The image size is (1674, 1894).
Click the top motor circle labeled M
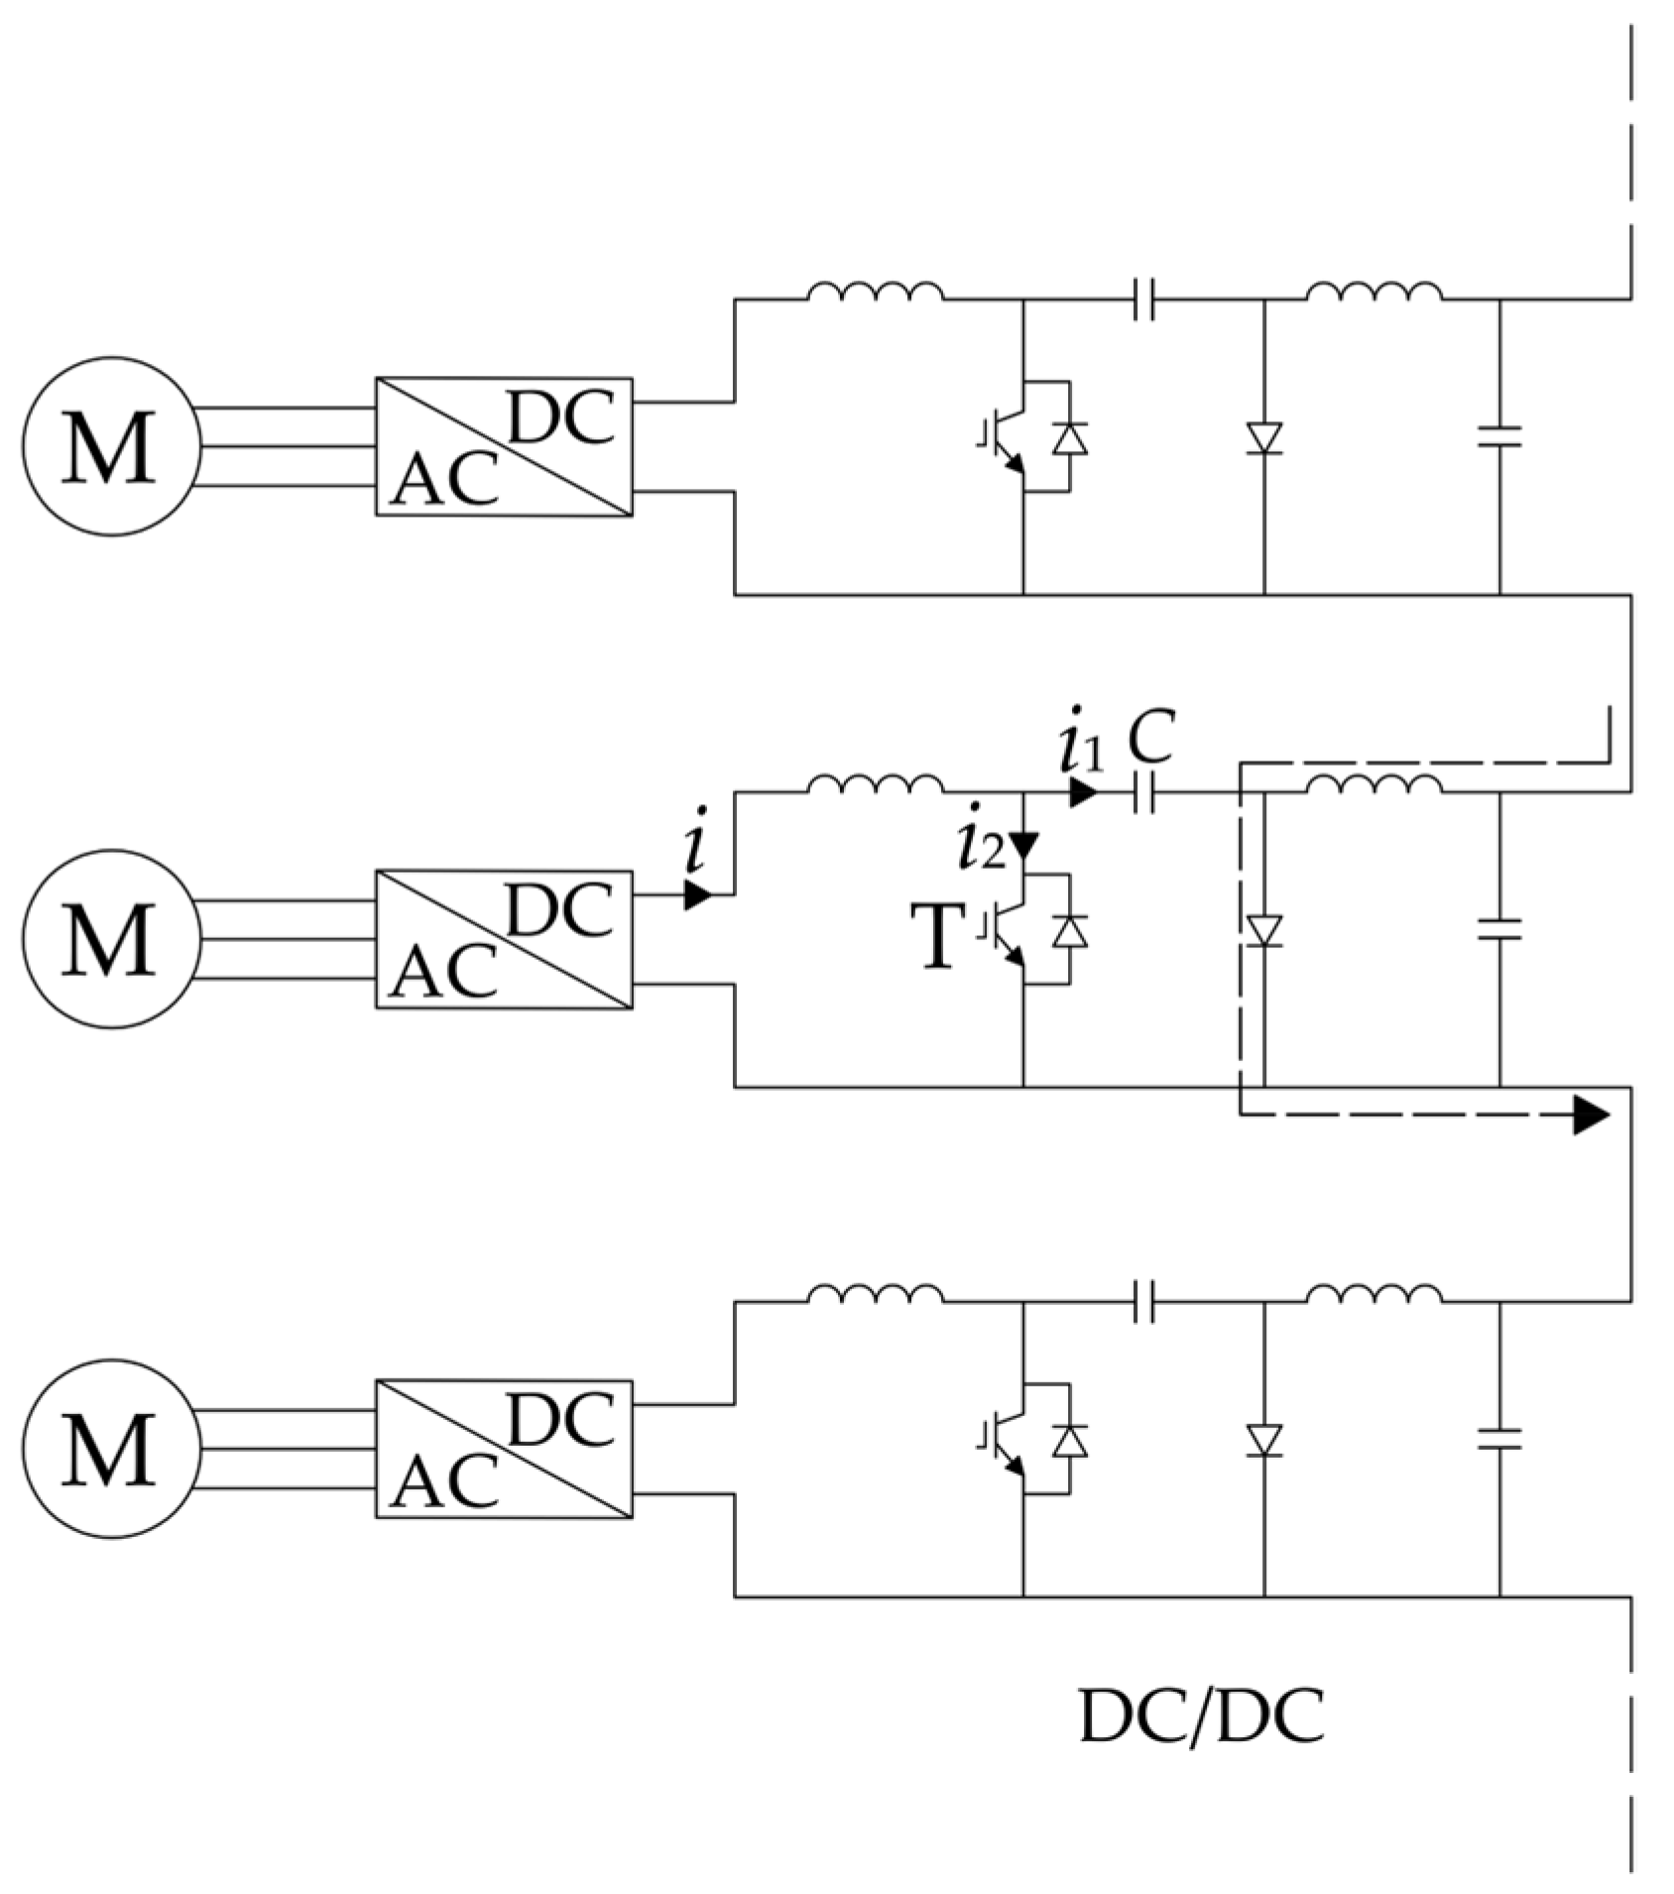(112, 446)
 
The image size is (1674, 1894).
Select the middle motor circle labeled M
(112, 939)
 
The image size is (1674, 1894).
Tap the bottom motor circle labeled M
(112, 1449)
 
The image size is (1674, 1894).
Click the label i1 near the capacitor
(1080, 751)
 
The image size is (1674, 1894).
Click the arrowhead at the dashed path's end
(1590, 1116)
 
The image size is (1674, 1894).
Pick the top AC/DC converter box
(504, 446)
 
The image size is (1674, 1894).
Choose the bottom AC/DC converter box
(504, 1449)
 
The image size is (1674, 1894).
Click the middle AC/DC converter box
(504, 939)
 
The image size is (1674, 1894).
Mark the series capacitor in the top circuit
(1143, 297)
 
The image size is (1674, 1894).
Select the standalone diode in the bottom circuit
(1264, 1440)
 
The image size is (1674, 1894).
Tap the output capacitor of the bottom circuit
(1499, 1439)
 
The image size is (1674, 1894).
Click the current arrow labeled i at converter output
(697, 895)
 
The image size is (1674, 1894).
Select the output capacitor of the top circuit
(1499, 436)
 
